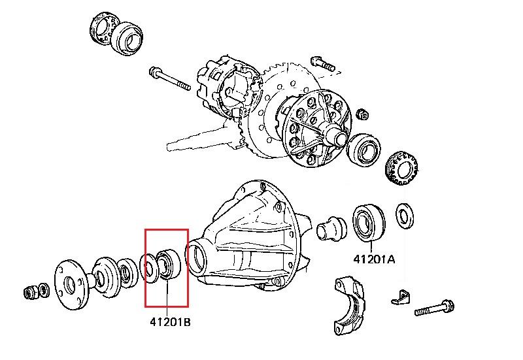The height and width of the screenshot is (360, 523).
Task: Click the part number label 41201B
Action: (167, 321)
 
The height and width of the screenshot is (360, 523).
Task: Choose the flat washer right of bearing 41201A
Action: (405, 216)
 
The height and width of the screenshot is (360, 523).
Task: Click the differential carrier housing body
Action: (255, 242)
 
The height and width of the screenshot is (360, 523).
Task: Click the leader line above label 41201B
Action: (166, 297)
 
